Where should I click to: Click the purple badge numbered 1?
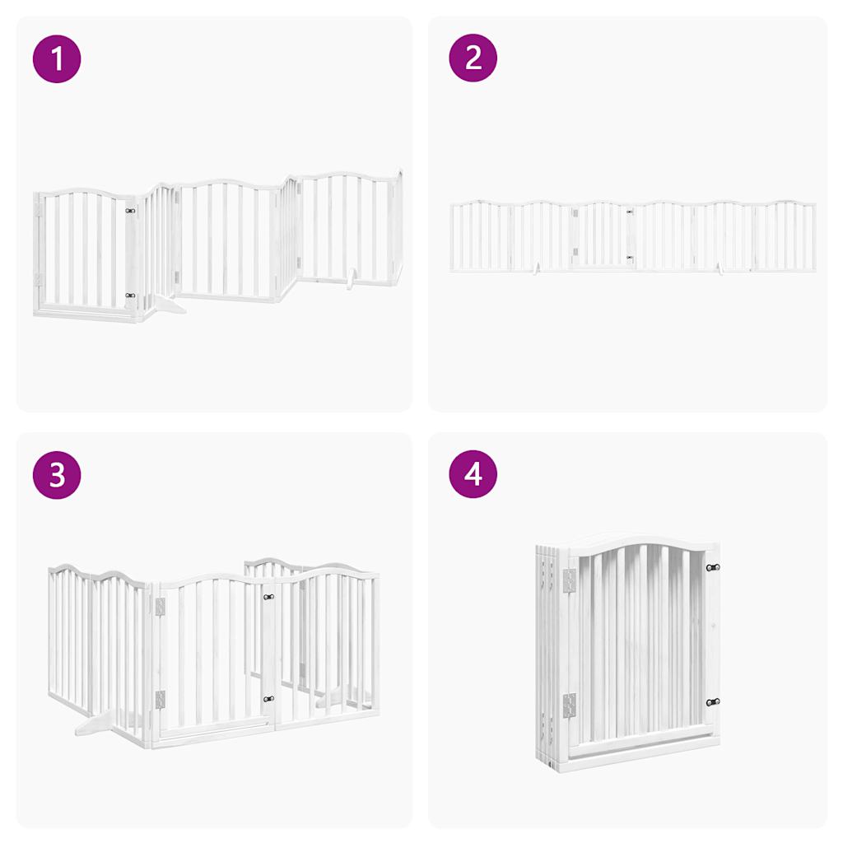[x=57, y=58]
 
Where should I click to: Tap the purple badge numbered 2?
[x=473, y=58]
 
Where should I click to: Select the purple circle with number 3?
[x=57, y=475]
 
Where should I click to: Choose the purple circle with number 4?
[x=473, y=475]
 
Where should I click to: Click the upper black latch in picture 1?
[x=130, y=211]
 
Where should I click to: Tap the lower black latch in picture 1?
[x=130, y=295]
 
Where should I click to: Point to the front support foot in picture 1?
[x=170, y=306]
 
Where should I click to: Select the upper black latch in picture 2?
[x=630, y=212]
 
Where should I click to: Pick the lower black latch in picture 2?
[x=630, y=258]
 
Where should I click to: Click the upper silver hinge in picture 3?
[x=160, y=607]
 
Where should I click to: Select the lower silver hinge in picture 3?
[x=160, y=700]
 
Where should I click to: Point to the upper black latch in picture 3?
[x=268, y=597]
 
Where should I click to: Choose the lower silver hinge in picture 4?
[x=569, y=706]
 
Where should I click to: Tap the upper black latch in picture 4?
[x=712, y=567]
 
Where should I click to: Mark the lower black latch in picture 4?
[x=712, y=702]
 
